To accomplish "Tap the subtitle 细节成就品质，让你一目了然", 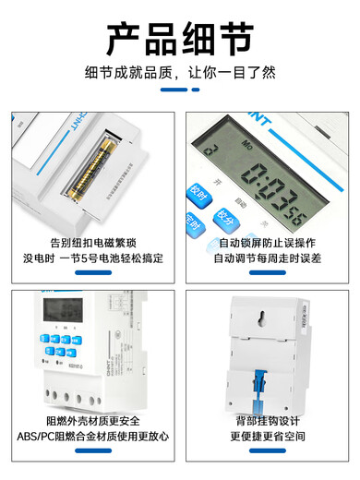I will [x=180, y=70].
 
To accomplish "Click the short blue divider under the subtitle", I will [x=180, y=90].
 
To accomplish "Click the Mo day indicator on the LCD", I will [x=246, y=145].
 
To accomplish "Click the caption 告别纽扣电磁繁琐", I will [x=92, y=242].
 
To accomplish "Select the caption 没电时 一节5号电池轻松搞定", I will [x=92, y=259].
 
